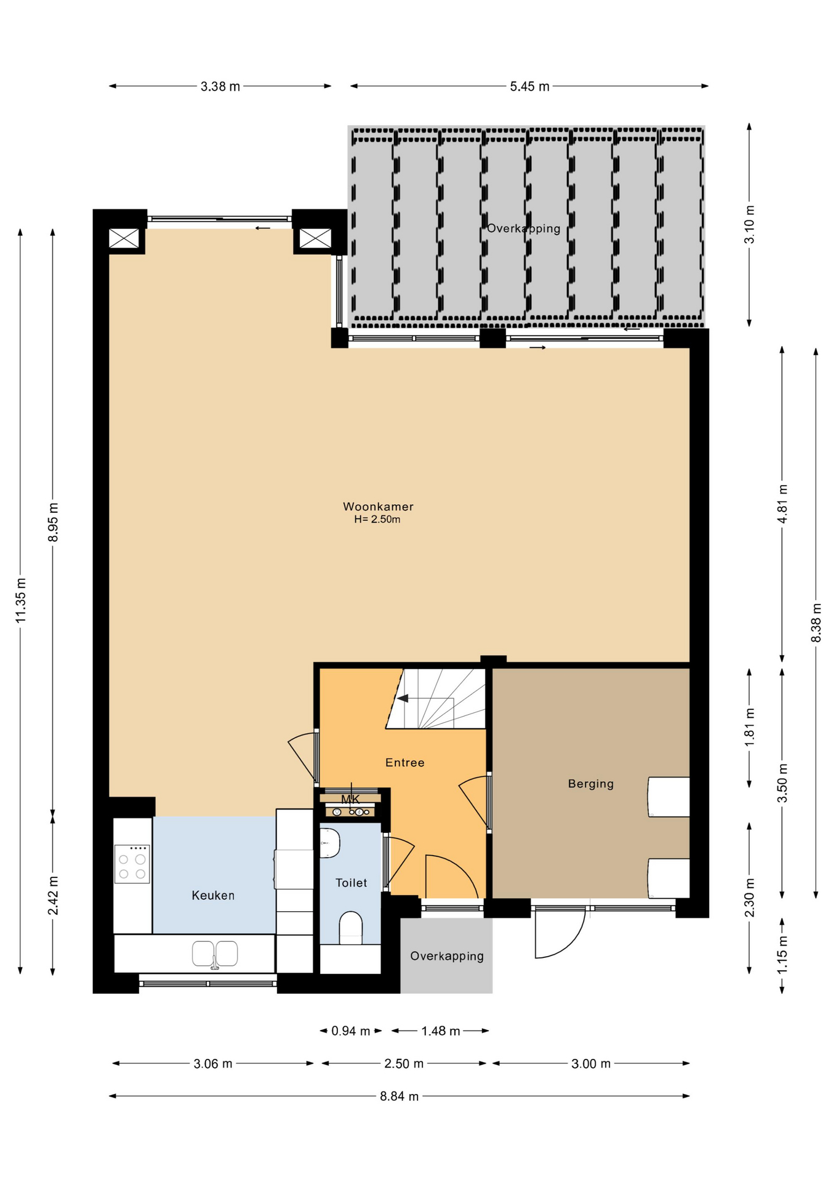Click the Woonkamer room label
pyautogui.click(x=378, y=507)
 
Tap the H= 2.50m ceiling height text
pyautogui.click(x=377, y=520)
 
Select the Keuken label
pyautogui.click(x=213, y=895)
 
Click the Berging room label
pyautogui.click(x=591, y=784)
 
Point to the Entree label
pyautogui.click(x=405, y=763)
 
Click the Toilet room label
pyautogui.click(x=352, y=883)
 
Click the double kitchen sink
pyautogui.click(x=215, y=954)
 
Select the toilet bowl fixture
pyautogui.click(x=351, y=928)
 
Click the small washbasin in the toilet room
pyautogui.click(x=330, y=843)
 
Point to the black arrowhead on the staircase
pyautogui.click(x=403, y=698)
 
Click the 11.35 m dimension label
pyautogui.click(x=20, y=600)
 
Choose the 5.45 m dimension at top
pyautogui.click(x=529, y=87)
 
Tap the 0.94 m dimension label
pyautogui.click(x=351, y=1031)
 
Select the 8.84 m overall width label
pyautogui.click(x=400, y=1096)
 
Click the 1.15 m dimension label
pyautogui.click(x=782, y=955)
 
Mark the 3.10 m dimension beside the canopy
pyautogui.click(x=749, y=225)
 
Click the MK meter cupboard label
pyautogui.click(x=350, y=799)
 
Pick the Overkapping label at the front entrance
pyautogui.click(x=447, y=956)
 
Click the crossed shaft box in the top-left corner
pyautogui.click(x=124, y=238)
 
